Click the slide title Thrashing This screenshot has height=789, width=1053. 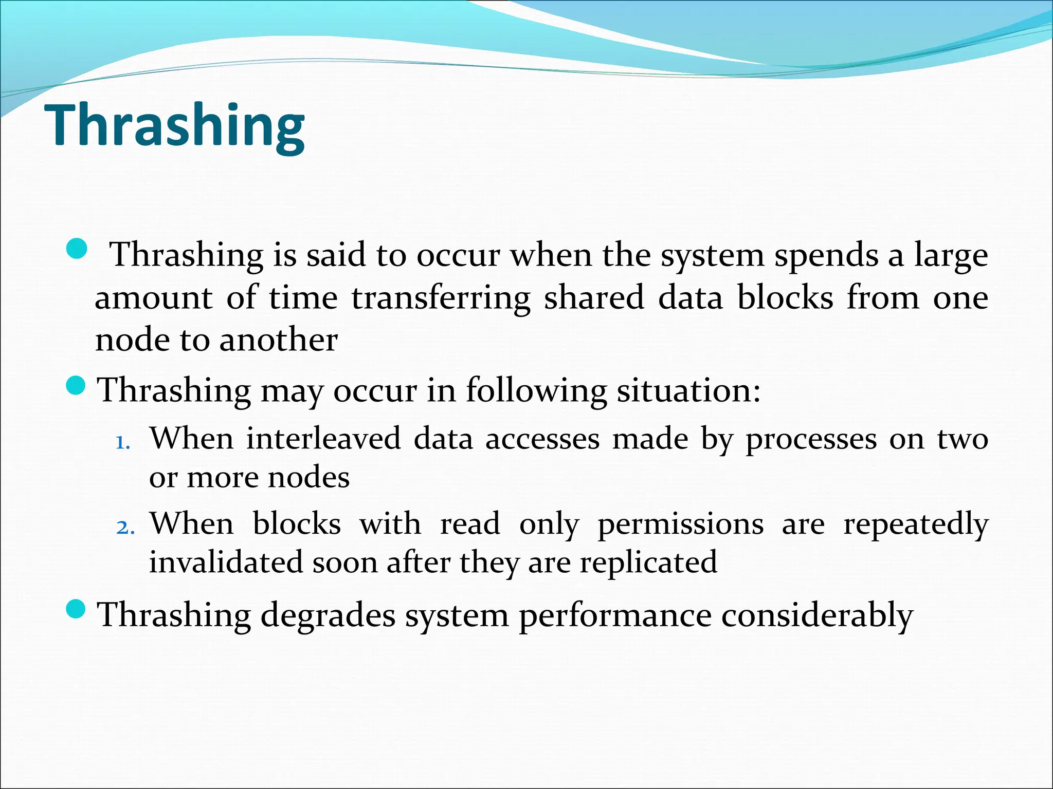click(x=176, y=126)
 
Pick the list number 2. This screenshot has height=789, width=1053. click(x=125, y=528)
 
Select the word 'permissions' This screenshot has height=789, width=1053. click(x=680, y=525)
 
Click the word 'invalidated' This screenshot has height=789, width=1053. click(x=226, y=562)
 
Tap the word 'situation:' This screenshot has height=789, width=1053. click(x=688, y=390)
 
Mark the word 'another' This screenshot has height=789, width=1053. click(x=278, y=340)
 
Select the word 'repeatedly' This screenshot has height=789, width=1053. click(x=916, y=525)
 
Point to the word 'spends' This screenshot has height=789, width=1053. click(x=826, y=256)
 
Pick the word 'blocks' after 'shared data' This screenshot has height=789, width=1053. click(x=785, y=298)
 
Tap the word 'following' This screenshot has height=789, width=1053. click(x=536, y=390)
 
